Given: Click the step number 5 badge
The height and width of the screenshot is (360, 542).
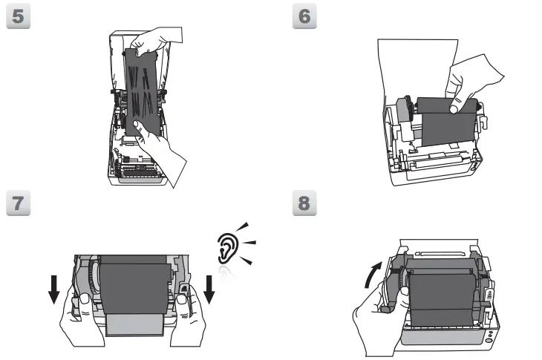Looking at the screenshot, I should pos(17,19).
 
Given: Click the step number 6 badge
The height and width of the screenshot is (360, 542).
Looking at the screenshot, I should pos(305,19).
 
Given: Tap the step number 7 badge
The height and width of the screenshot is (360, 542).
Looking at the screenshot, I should pos(17,204).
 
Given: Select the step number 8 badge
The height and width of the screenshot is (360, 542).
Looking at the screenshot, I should pos(305,204).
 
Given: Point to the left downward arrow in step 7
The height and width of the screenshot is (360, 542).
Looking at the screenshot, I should pos(53,287).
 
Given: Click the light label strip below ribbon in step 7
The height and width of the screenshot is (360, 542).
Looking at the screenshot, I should pos(134,324).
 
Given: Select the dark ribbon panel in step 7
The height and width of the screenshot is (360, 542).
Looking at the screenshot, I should pos(134,286).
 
